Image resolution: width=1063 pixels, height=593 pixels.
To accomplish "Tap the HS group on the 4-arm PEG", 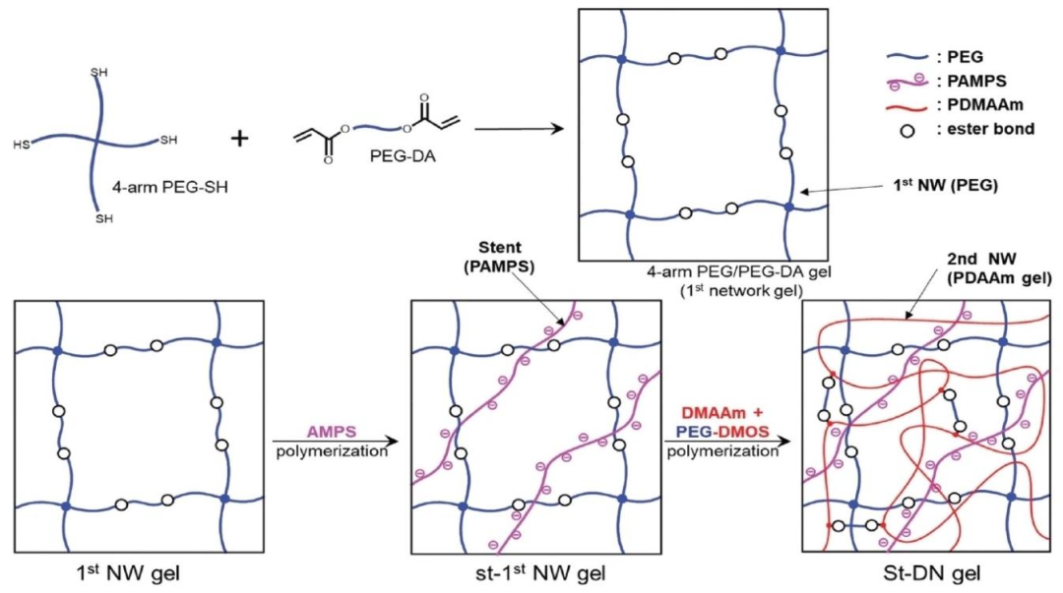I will (x=23, y=145).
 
